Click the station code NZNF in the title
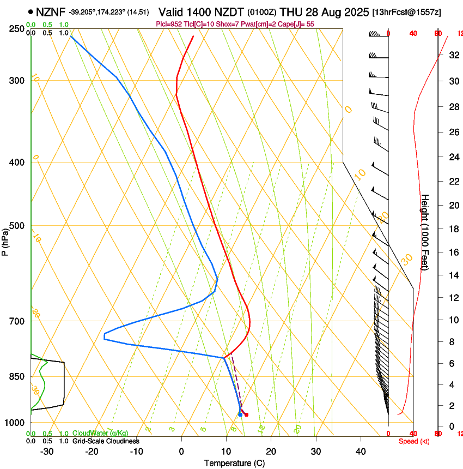pos(51,11)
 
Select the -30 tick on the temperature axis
pos(47,452)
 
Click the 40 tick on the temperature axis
pos(361,452)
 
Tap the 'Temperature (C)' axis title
pos(234,463)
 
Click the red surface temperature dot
pos(246,414)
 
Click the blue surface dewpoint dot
pos(240,414)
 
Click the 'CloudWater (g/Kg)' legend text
pos(100,434)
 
